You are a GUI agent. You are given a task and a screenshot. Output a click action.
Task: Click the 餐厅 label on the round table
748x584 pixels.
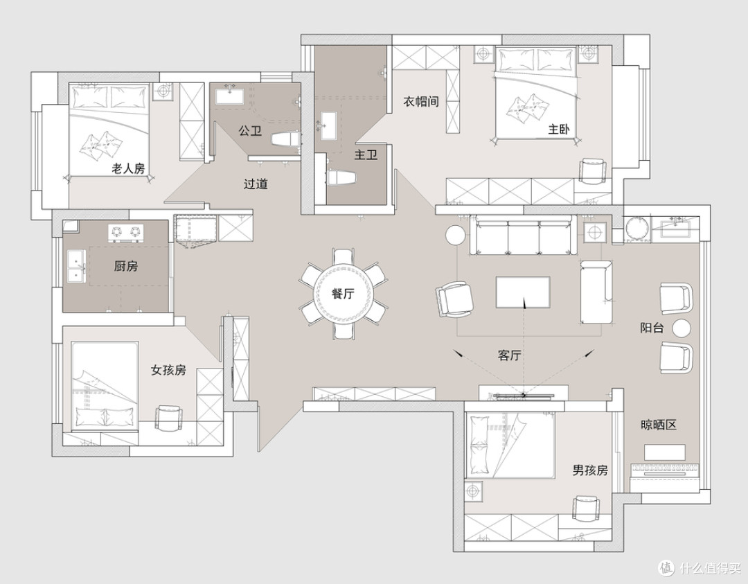pos(343,294)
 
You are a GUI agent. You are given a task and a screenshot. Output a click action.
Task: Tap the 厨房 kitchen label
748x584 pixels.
pos(126,266)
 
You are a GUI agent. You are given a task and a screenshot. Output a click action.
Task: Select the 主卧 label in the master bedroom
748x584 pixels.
pos(559,129)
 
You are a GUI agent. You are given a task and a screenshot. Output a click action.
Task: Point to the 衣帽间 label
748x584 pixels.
pos(421,102)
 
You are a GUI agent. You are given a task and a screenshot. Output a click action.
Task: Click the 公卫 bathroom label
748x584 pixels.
pos(250,130)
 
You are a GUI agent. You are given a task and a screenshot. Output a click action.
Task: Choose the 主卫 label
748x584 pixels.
pos(366,154)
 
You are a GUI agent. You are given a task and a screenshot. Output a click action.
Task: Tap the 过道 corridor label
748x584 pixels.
pos(256,184)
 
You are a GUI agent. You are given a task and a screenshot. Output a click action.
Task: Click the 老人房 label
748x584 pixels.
pos(128,168)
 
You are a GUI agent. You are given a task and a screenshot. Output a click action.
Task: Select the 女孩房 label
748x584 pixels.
pos(168,370)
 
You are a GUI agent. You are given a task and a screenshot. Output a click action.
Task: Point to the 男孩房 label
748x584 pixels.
pos(590,470)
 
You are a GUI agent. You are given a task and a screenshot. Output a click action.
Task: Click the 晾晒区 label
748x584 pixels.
pos(659,425)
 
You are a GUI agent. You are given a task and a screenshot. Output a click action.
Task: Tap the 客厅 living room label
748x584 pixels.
pos(509,355)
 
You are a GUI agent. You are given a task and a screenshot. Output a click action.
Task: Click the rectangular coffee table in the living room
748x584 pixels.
pos(523,292)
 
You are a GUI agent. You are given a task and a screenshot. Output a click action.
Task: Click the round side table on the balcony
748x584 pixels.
pos(682,328)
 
